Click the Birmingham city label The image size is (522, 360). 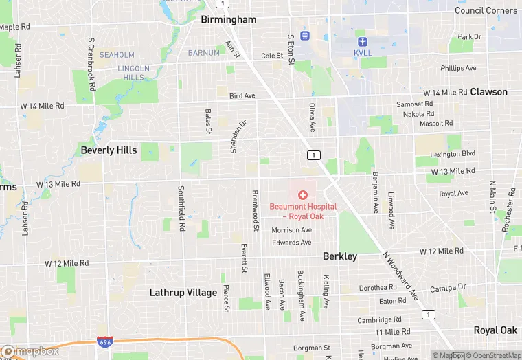[x=228, y=20]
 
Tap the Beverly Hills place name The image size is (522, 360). [x=109, y=150]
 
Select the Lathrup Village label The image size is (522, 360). [x=183, y=293]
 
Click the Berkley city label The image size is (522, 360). [x=340, y=256]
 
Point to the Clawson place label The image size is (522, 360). [x=488, y=92]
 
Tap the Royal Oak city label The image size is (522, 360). [x=495, y=330]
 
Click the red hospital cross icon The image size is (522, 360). [x=302, y=195]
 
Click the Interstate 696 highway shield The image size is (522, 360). [x=104, y=342]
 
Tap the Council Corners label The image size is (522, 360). [x=486, y=10]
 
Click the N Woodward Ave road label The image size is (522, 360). [x=400, y=275]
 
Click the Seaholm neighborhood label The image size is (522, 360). [x=117, y=55]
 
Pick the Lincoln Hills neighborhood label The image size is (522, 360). [x=133, y=73]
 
